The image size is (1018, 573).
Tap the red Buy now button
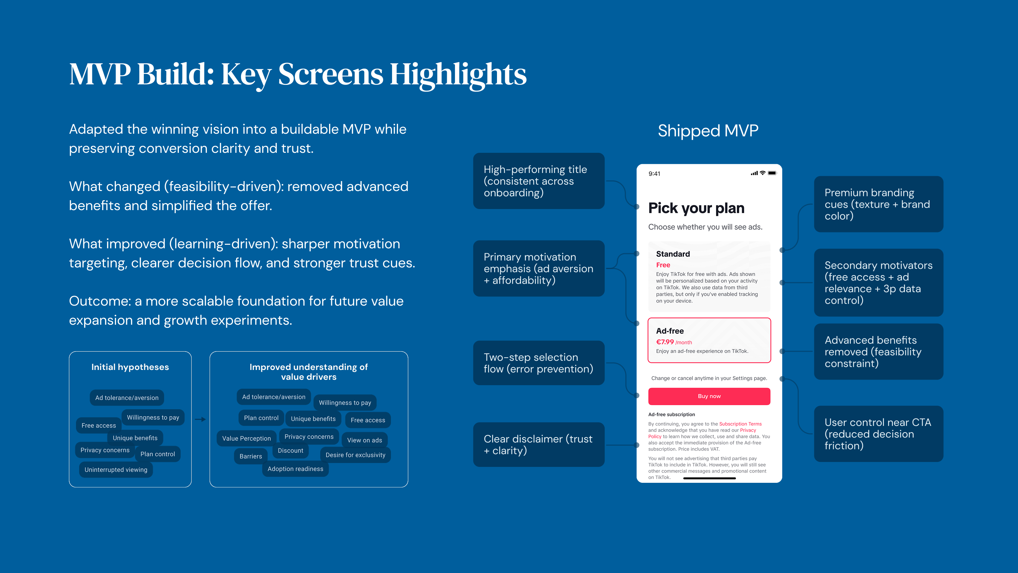709,396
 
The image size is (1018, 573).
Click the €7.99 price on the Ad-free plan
665,342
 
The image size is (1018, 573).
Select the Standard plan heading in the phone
673,254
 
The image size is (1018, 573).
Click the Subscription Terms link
740,424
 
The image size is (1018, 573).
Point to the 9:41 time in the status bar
654,174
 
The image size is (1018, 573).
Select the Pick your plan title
696,208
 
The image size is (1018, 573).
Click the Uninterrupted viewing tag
116,470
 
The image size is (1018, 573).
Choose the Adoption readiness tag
295,469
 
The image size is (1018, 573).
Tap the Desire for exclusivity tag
355,455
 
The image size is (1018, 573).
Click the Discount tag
291,450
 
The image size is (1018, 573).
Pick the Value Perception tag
247,439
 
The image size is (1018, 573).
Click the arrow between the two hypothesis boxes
200,419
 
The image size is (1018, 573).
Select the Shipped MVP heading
708,131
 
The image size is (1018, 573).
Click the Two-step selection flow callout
539,363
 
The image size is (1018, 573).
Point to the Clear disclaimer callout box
539,445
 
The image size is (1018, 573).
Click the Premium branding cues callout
878,204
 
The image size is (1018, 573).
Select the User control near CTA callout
878,434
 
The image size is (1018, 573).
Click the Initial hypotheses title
130,367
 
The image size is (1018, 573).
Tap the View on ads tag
364,440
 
